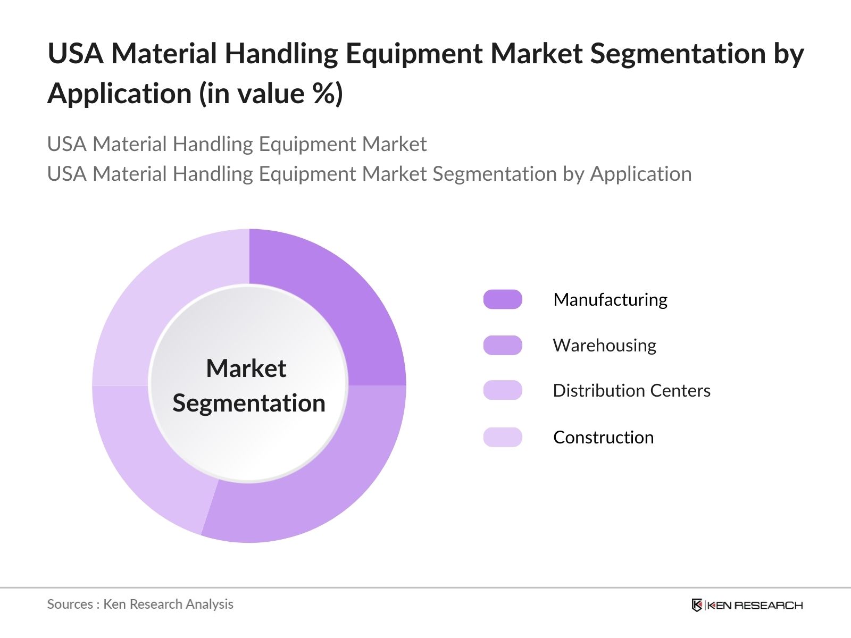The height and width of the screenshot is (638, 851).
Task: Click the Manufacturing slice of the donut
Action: [340, 298]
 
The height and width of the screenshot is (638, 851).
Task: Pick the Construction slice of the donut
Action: [160, 298]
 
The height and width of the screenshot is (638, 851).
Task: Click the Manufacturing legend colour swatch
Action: [503, 299]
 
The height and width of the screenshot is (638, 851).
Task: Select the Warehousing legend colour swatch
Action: [503, 345]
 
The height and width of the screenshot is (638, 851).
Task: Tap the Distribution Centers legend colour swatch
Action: [503, 390]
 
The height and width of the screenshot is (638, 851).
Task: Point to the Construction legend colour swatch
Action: [503, 437]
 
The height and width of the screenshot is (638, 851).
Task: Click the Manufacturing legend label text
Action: [610, 300]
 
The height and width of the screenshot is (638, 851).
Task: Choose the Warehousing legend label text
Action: [604, 346]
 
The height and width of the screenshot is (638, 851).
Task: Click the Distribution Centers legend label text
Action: [631, 391]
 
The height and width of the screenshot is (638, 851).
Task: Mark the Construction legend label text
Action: [603, 438]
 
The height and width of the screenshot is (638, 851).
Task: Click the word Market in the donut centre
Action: [246, 368]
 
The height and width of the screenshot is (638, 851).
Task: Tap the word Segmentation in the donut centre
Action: [249, 403]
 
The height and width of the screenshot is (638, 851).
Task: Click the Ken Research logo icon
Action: [697, 605]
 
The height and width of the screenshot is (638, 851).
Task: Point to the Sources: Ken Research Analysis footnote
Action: [140, 604]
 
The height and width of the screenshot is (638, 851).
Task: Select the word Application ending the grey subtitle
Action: [641, 174]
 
